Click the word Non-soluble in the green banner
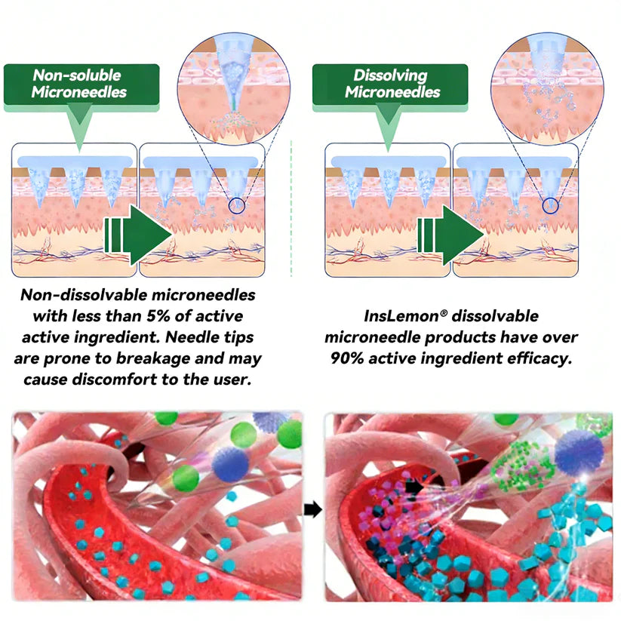pos(77,75)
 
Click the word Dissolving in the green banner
pos(390,75)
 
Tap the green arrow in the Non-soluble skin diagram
pos(138,235)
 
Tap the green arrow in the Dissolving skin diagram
pos(450,235)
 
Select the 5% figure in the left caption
pos(158,316)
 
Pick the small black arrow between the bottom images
pos(313,509)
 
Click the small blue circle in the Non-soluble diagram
pos(236,205)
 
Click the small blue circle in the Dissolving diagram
pos(550,205)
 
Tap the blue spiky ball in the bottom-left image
pos(230,464)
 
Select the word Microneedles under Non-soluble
pos(78,92)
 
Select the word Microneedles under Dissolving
pos(392,92)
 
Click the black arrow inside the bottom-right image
pos(413,487)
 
